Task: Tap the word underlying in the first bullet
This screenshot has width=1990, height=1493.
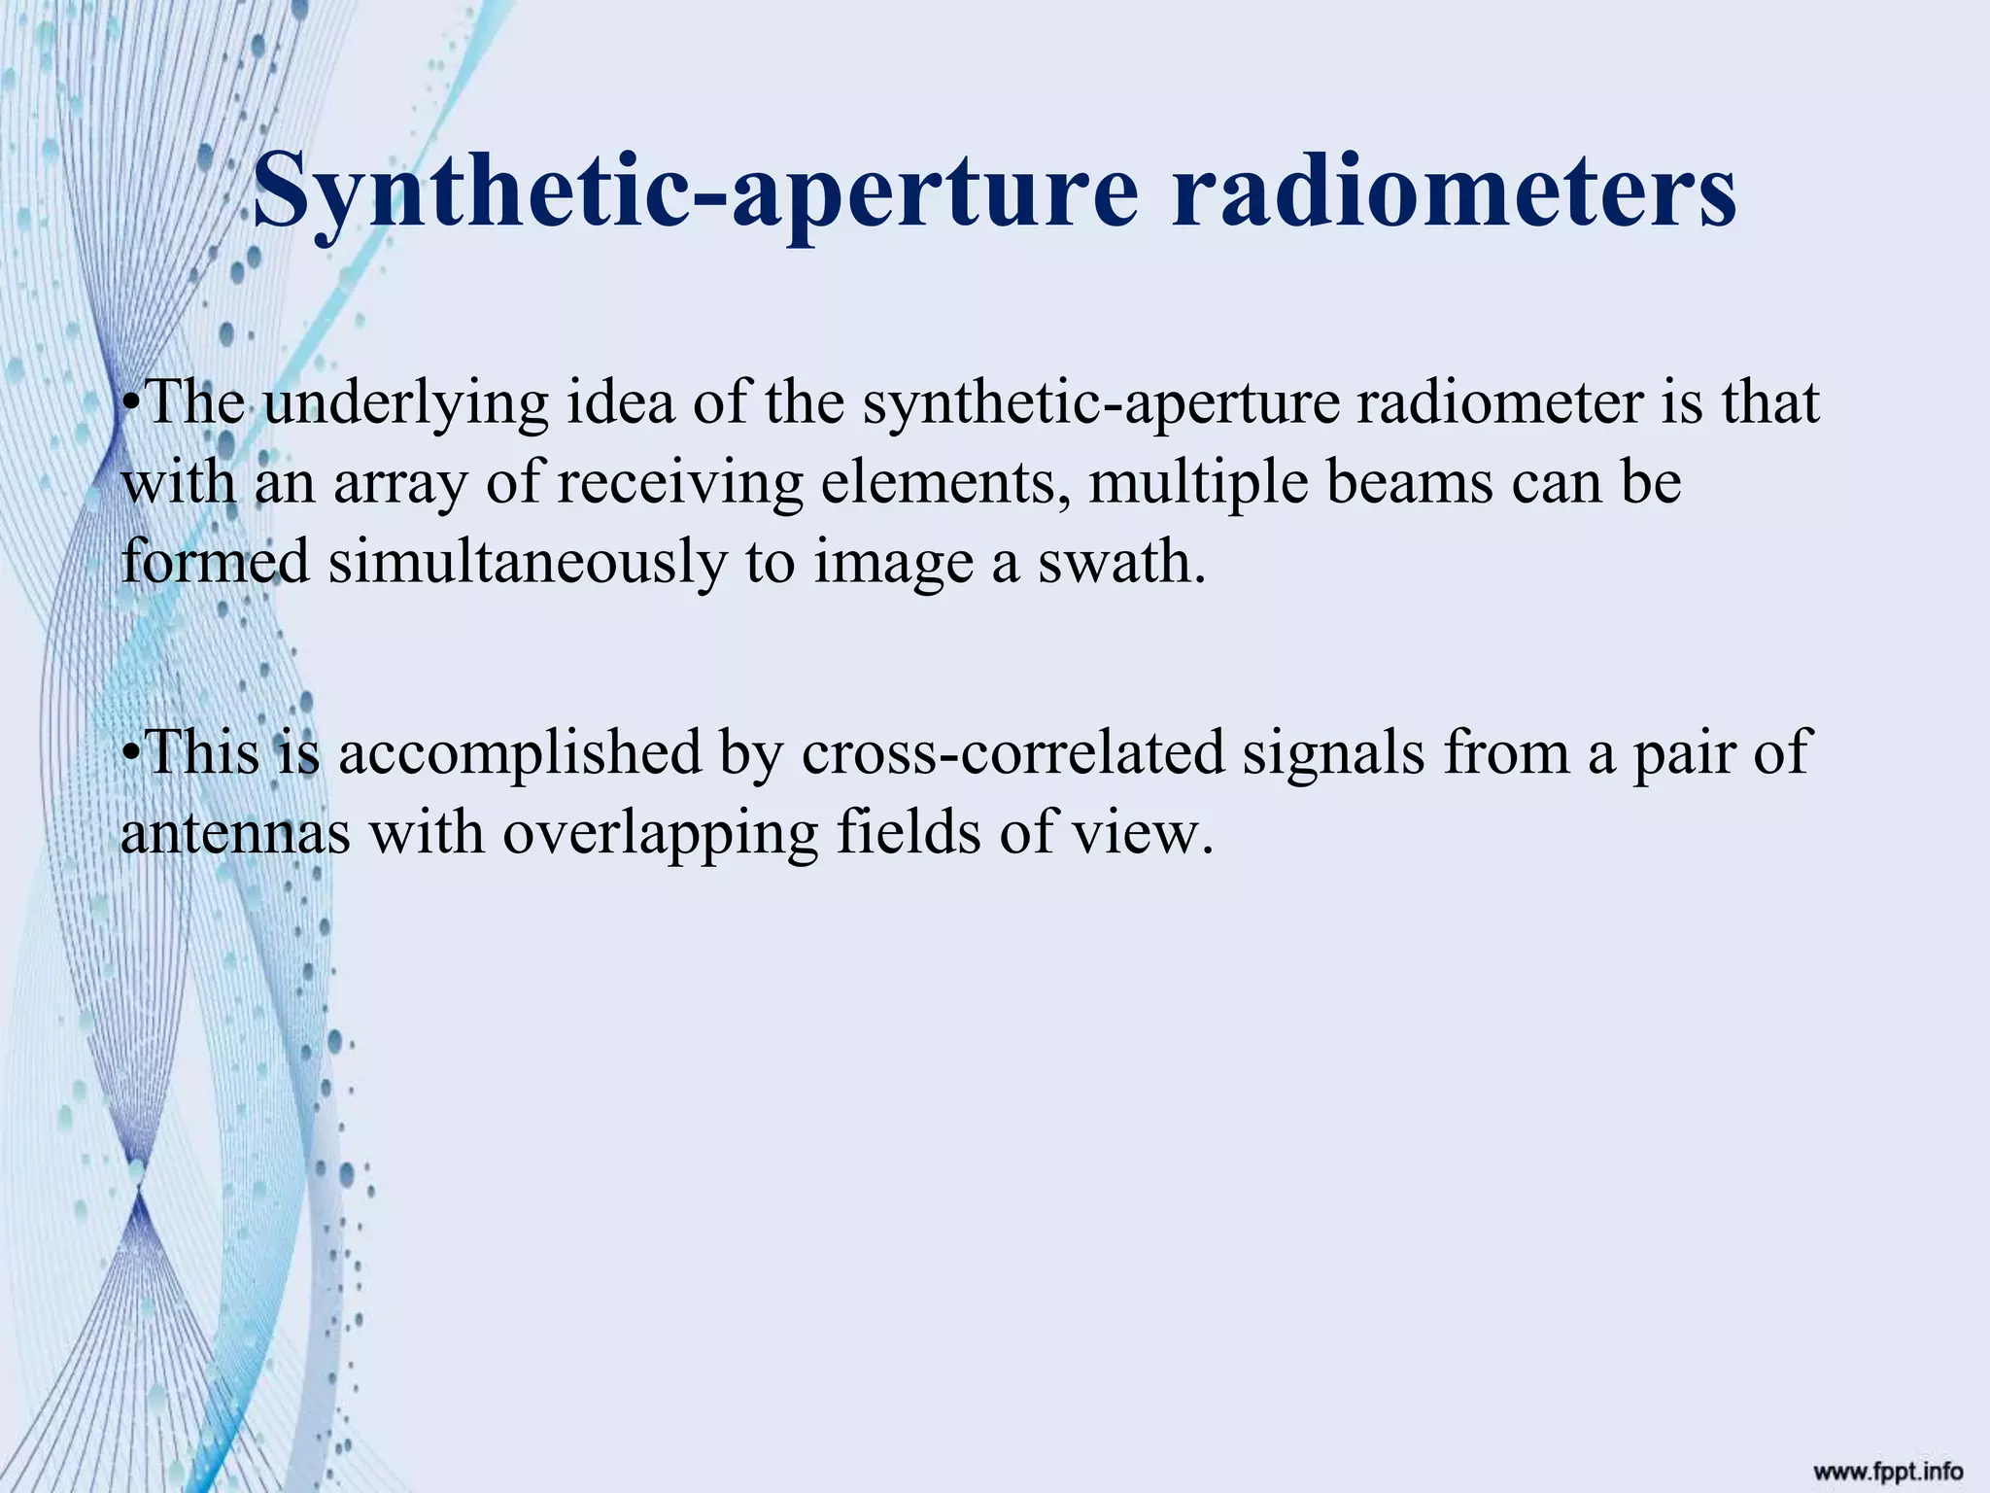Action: (x=405, y=403)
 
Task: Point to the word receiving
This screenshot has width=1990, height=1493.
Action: (x=680, y=484)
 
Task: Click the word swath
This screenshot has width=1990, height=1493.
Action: (x=1121, y=562)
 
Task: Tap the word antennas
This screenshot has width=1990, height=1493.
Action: (x=234, y=834)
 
